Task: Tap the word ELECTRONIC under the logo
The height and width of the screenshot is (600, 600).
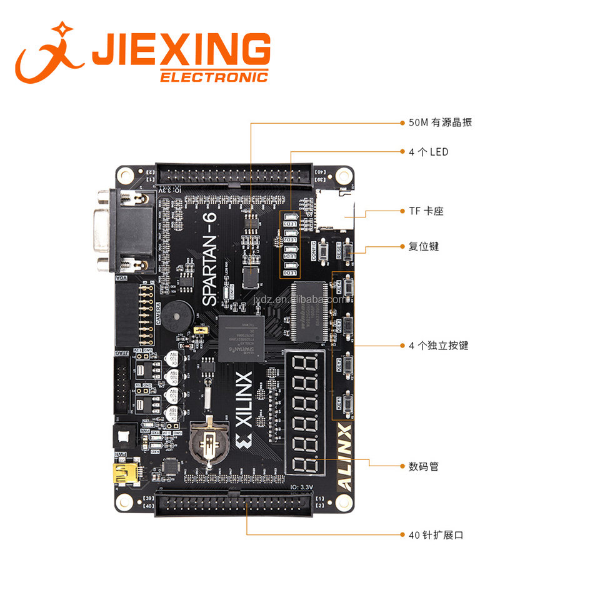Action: click(x=214, y=77)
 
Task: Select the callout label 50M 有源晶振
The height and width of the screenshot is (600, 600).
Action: click(x=440, y=122)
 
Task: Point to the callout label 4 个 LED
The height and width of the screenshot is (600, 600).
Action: click(x=428, y=152)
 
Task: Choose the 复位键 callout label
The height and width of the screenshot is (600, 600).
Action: click(x=424, y=246)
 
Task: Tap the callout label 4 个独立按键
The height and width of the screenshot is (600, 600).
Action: click(x=438, y=346)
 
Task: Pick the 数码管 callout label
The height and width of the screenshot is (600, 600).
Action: click(x=424, y=466)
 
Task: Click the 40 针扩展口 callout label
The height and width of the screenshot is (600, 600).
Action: click(x=436, y=535)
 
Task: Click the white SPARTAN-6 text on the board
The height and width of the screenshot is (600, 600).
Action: click(x=209, y=259)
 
